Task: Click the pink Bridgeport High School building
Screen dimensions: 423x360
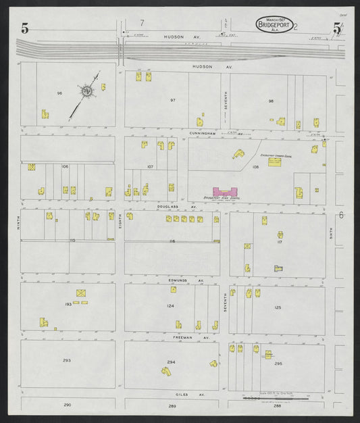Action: (x=226, y=193)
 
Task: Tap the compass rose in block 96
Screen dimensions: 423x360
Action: (x=87, y=91)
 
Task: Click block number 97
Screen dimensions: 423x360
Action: (x=173, y=100)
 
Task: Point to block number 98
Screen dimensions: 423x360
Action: (x=271, y=101)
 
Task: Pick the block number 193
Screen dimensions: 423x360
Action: (x=68, y=305)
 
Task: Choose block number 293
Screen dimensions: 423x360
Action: (x=67, y=360)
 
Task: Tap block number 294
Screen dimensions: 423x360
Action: (x=172, y=362)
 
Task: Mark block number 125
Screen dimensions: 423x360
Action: (x=278, y=307)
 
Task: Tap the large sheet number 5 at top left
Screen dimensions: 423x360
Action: (x=25, y=28)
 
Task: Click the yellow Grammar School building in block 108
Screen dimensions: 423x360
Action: (x=276, y=162)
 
